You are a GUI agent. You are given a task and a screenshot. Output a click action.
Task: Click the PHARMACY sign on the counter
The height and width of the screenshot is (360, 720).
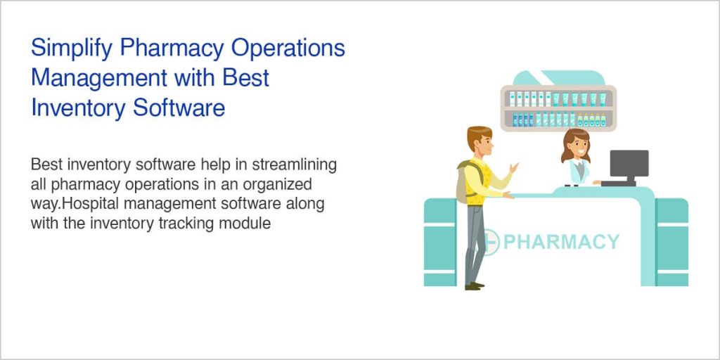point(561,242)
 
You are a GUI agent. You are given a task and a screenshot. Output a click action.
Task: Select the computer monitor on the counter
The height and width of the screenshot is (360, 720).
point(628,165)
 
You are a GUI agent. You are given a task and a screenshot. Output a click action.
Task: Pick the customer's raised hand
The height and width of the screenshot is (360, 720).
point(515,167)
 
